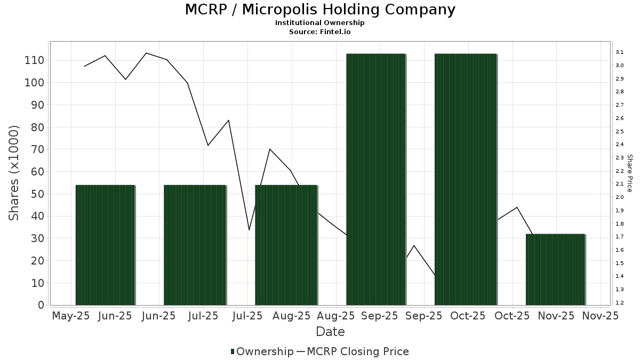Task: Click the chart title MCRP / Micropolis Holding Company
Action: (x=320, y=10)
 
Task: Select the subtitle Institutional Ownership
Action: (x=320, y=23)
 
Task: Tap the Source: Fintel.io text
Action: (x=320, y=31)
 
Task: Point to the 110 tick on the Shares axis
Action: (x=34, y=60)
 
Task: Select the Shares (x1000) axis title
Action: (x=14, y=173)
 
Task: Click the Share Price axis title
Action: (x=629, y=173)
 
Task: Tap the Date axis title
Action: (x=330, y=332)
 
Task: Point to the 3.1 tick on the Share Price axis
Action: (x=620, y=52)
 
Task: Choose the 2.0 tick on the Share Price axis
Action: (x=620, y=197)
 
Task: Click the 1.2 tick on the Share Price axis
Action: (x=620, y=302)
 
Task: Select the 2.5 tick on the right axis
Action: (x=620, y=131)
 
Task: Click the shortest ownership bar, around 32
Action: (x=555, y=269)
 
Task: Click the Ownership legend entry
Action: (x=265, y=351)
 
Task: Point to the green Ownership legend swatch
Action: (x=233, y=351)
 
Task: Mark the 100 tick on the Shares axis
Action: (x=34, y=83)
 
